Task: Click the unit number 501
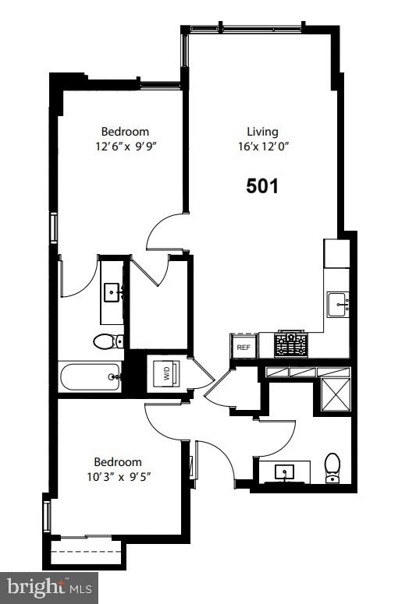coord(262,185)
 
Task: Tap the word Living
coord(262,132)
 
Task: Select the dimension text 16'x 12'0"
coord(263,147)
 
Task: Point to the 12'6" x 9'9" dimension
coord(125,146)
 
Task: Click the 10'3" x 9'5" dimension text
coord(118,475)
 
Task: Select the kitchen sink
coord(338,303)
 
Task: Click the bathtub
coord(91,377)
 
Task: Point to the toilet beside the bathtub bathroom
coord(108,341)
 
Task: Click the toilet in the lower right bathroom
coord(332,468)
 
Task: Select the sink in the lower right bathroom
coord(283,472)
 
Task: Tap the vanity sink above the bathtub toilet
coord(113,293)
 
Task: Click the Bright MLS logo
coord(48,586)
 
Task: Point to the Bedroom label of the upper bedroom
coord(125,132)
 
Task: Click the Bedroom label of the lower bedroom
coord(118,461)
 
